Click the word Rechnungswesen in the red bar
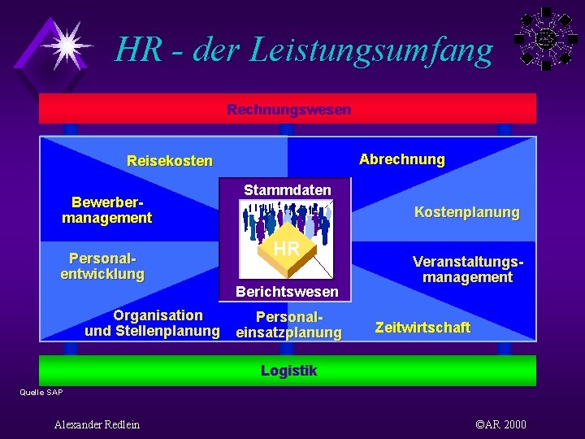288,109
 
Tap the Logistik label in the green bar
288,371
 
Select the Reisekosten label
170,161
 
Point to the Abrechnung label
401,159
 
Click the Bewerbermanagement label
106,210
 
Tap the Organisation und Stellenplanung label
153,323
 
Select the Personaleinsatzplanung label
289,324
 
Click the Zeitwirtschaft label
422,327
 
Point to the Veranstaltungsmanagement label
467,269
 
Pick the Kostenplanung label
466,212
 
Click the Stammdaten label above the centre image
288,190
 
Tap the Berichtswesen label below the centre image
288,291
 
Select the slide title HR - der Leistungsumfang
304,50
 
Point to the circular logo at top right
545,37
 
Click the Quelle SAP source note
41,393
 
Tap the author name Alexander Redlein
97,424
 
